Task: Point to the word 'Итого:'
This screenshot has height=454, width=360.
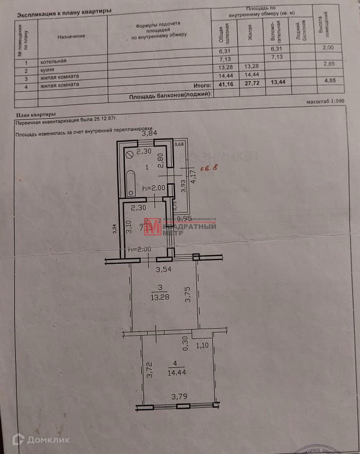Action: (x=202, y=86)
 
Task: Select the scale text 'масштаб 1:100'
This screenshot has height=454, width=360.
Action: (x=325, y=102)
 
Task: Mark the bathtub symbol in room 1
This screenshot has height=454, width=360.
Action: (x=130, y=183)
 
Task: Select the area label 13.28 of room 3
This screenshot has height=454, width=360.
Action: (x=159, y=296)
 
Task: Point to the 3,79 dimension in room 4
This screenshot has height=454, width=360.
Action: (x=180, y=396)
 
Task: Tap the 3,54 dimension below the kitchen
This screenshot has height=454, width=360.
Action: (x=165, y=269)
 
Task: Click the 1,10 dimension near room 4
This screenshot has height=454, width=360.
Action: (x=202, y=345)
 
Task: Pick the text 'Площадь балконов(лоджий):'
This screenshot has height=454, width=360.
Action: (x=170, y=96)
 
